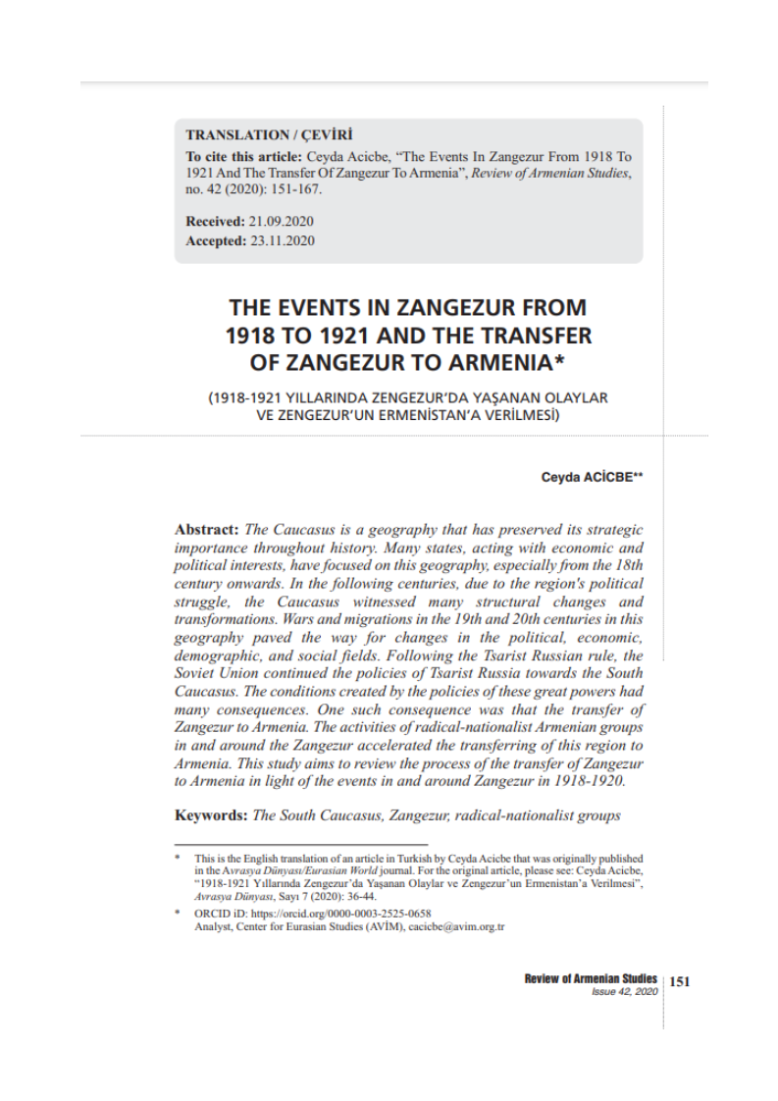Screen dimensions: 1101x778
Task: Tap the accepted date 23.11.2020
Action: [283, 241]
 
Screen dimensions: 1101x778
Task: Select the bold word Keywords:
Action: [211, 815]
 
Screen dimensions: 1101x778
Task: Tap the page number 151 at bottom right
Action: [680, 980]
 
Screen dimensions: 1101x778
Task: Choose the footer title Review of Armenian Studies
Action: [591, 979]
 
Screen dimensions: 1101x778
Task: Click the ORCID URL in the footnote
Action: [325, 913]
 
